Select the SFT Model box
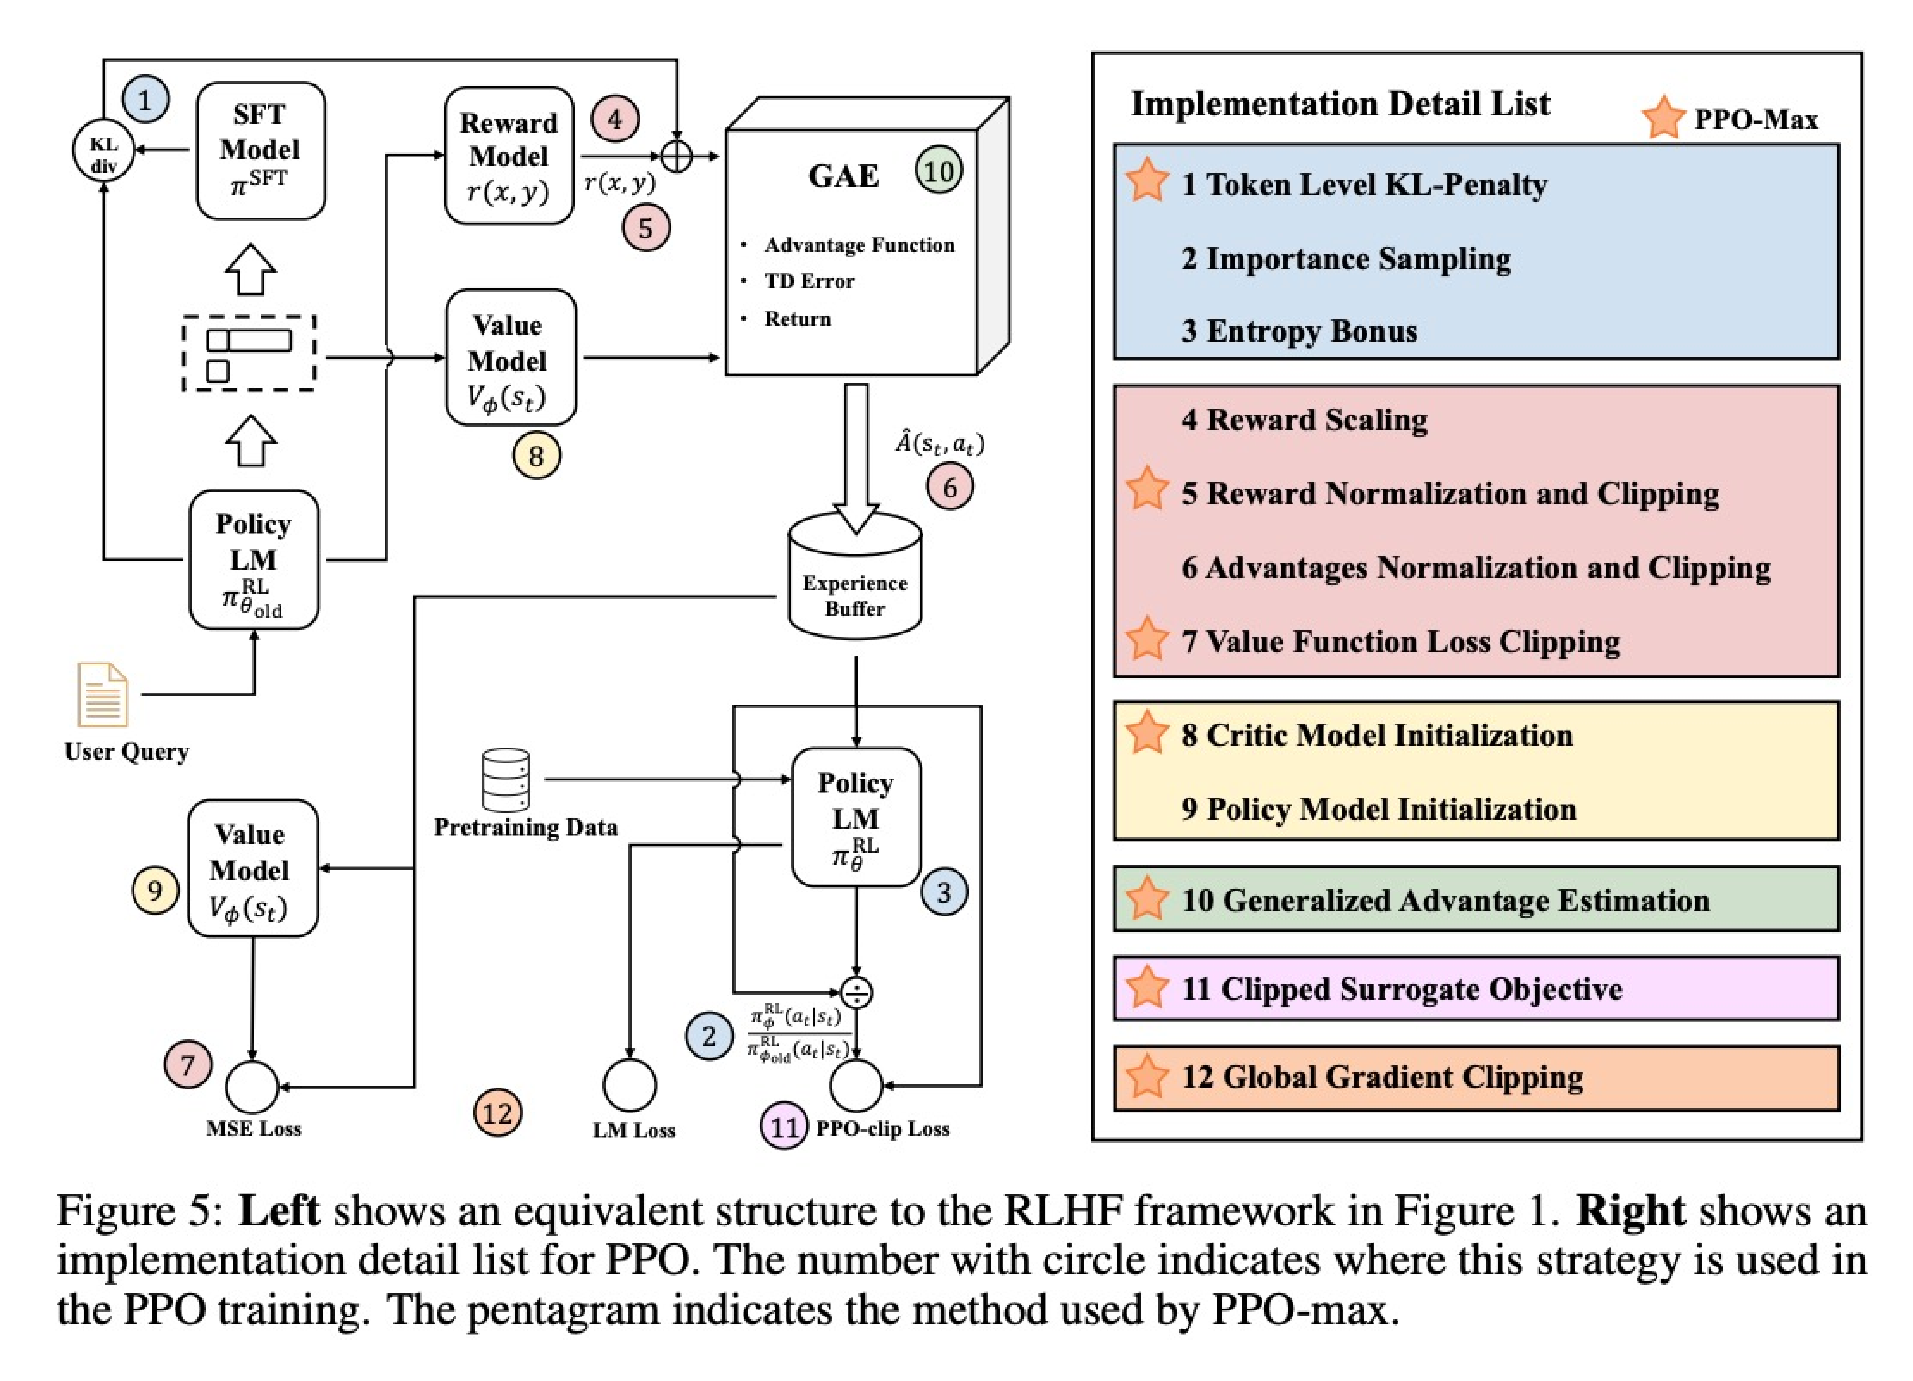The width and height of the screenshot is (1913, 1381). click(260, 149)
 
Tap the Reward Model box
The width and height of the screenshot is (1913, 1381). click(508, 155)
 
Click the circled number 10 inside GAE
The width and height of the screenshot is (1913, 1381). click(938, 171)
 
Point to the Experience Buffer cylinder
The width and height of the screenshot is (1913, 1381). click(854, 578)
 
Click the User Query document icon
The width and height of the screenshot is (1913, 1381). click(103, 694)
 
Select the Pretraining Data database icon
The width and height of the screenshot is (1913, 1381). click(506, 779)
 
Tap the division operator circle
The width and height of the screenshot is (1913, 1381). click(856, 992)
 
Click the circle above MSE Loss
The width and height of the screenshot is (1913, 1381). click(252, 1086)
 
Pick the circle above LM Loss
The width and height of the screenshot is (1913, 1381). click(630, 1085)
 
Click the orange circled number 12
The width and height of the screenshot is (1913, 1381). click(497, 1113)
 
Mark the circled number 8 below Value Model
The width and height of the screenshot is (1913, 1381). click(536, 456)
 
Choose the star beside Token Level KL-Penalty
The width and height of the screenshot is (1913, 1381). click(1147, 181)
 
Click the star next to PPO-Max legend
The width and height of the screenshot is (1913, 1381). click(1663, 118)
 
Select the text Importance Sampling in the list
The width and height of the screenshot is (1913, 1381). click(1358, 259)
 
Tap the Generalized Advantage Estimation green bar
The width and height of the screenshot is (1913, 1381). click(1476, 900)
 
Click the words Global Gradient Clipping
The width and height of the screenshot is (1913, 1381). click(1402, 1078)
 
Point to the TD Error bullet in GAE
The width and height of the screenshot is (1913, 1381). click(808, 282)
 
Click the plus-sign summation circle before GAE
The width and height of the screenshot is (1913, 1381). click(677, 156)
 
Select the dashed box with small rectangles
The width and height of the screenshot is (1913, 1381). click(249, 354)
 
